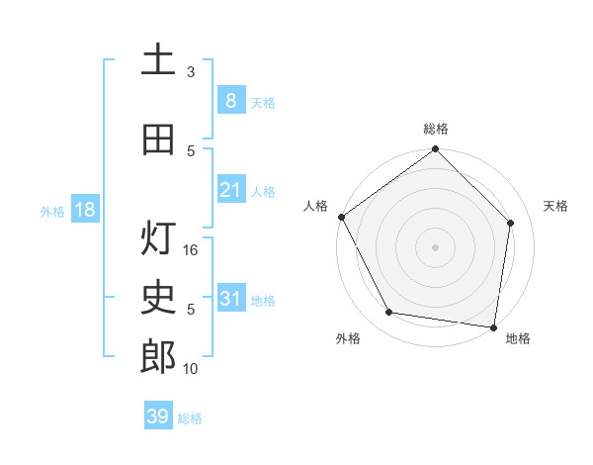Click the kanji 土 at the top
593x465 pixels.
coord(158,59)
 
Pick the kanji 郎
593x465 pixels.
coord(158,357)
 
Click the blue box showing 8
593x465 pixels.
coord(230,101)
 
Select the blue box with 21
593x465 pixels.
coord(230,190)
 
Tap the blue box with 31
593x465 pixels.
coord(230,299)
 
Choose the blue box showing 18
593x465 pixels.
coord(84,210)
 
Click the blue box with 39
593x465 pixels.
coord(158,417)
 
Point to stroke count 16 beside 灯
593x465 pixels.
coord(192,250)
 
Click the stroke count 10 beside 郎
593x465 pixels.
coord(192,369)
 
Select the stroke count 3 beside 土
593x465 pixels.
coord(191,72)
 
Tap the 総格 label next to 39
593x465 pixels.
coord(190,418)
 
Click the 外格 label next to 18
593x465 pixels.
coord(52,211)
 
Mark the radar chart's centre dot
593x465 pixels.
coord(435,246)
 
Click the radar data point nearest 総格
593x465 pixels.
coord(435,150)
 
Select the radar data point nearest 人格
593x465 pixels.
coord(341,217)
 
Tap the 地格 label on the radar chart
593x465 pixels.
coord(518,338)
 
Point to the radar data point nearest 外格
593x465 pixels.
coord(389,313)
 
